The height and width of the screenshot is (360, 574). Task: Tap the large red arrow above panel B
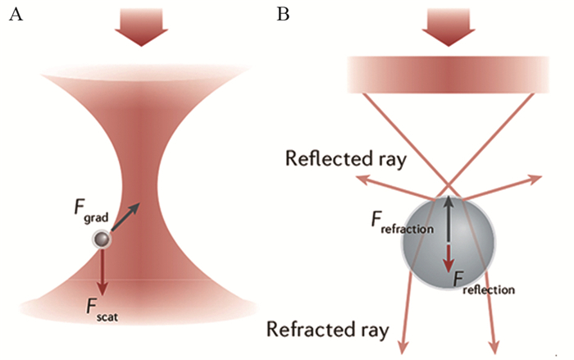coord(444,25)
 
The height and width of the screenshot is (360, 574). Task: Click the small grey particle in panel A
coord(102,239)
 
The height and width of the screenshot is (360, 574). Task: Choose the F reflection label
coord(484,284)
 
